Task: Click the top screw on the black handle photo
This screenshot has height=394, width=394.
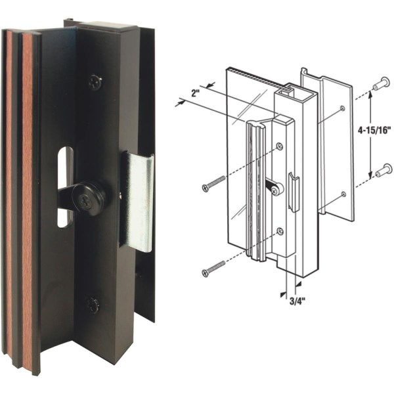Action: pos(96,82)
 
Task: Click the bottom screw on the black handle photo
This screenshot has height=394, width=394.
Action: pos(93,305)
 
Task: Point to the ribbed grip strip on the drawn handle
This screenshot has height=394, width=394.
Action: pos(251,190)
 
